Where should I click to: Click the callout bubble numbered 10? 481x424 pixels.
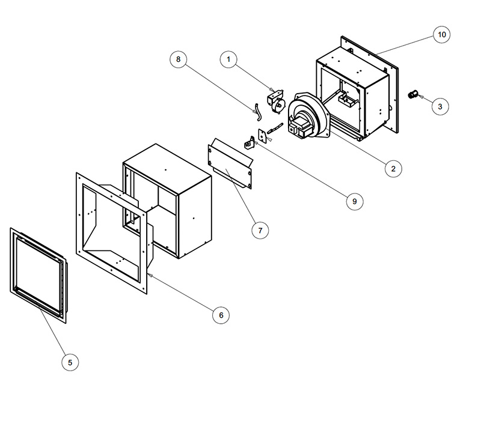tap(442, 35)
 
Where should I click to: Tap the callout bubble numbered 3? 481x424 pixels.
tap(440, 107)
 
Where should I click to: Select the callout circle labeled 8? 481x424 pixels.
tap(178, 59)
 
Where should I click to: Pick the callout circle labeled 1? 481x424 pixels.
tap(228, 59)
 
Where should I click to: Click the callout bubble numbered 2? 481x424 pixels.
tap(393, 169)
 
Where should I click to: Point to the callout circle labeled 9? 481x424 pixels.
tap(355, 201)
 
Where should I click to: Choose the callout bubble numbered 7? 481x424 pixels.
tap(260, 231)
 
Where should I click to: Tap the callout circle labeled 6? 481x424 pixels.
tap(221, 315)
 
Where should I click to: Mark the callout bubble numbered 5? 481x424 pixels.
tap(70, 362)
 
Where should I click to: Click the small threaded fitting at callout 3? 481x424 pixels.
tap(413, 94)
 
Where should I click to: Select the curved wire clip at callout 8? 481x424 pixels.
tap(258, 112)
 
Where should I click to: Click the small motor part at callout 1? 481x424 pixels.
tap(276, 101)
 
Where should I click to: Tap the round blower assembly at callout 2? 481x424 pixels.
tap(308, 116)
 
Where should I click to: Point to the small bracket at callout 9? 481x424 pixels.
tap(250, 143)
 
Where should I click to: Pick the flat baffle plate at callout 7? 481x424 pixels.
tap(230, 163)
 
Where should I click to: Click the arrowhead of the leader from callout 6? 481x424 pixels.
tap(149, 275)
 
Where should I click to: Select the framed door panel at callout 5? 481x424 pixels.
tap(38, 275)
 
